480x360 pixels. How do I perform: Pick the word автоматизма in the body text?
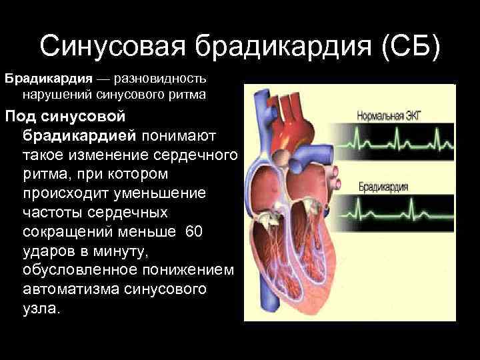click(76, 289)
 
